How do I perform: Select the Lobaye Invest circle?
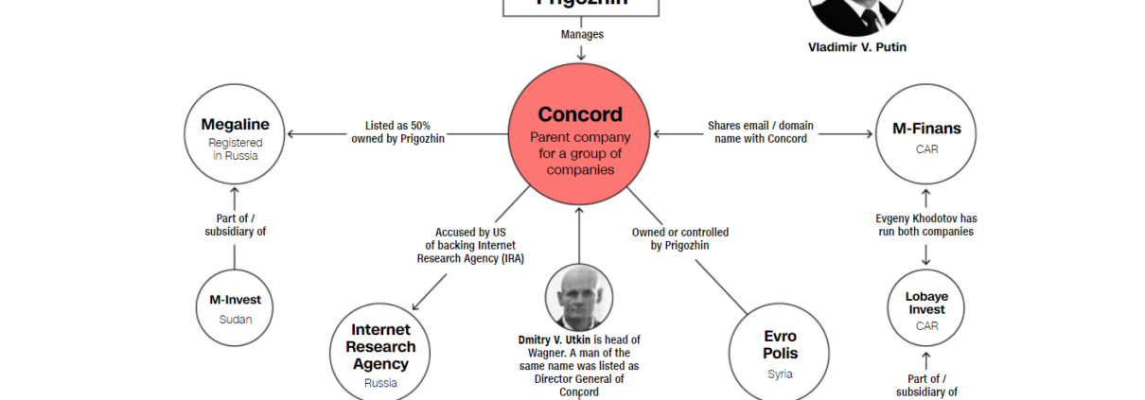click(x=926, y=307)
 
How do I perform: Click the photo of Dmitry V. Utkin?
click(x=578, y=297)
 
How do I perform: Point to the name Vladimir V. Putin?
click(x=856, y=47)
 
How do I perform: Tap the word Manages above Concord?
click(x=582, y=35)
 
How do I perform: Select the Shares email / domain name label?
click(x=760, y=132)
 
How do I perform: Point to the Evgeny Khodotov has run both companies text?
click(x=925, y=225)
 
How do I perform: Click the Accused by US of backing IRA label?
click(x=470, y=245)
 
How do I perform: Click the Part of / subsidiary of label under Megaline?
click(x=235, y=225)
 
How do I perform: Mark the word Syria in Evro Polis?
click(x=780, y=374)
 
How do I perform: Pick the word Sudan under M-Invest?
click(x=235, y=319)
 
